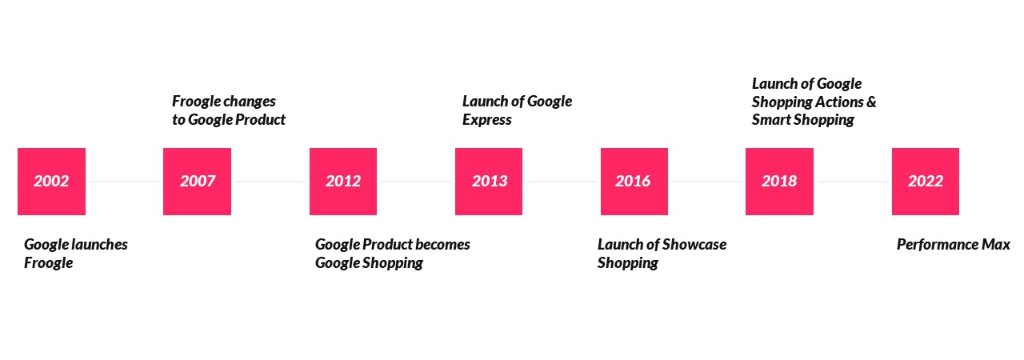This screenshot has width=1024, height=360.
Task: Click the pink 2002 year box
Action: [52, 182]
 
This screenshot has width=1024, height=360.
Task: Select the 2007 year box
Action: [197, 182]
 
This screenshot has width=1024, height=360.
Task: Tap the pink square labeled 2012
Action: [343, 182]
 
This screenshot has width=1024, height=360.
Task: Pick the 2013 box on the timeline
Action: [489, 182]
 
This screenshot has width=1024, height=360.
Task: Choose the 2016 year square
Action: [634, 182]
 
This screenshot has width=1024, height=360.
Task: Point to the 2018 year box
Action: [779, 182]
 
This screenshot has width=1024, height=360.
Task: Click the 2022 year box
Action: [926, 182]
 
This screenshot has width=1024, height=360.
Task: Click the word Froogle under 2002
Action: [49, 263]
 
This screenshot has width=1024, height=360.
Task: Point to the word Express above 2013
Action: [487, 120]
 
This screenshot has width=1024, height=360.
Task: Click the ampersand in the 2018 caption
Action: [871, 102]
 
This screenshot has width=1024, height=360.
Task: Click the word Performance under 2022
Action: [937, 245]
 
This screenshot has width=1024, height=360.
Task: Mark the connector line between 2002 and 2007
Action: [124, 182]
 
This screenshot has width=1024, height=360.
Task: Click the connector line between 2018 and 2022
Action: [853, 182]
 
